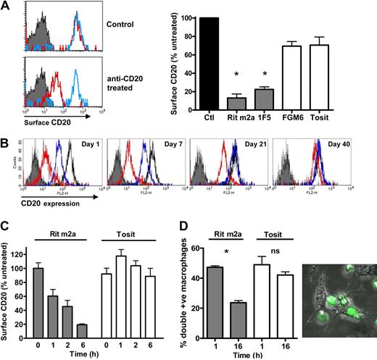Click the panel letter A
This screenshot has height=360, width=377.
(6, 7)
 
